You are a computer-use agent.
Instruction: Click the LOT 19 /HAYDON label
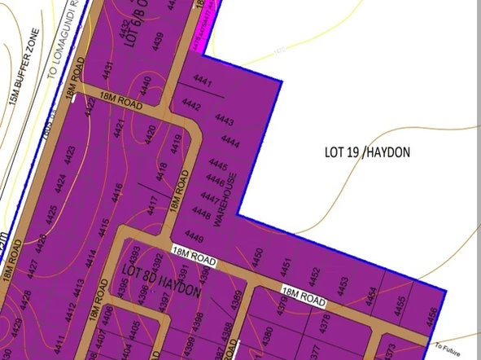pyautogui.click(x=367, y=152)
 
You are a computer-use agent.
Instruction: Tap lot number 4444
pyautogui.click(x=231, y=141)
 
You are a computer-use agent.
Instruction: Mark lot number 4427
pyautogui.click(x=33, y=269)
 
